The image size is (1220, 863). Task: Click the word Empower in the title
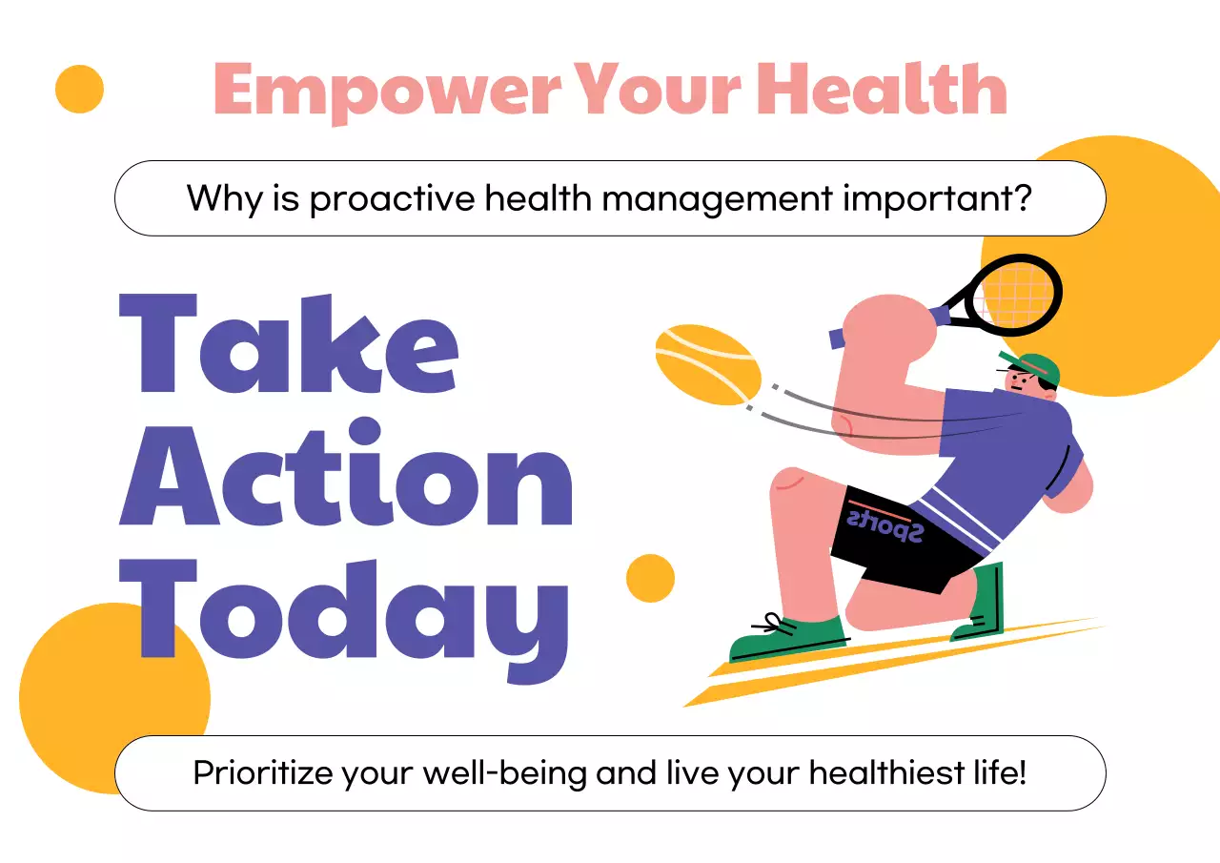pyautogui.click(x=386, y=91)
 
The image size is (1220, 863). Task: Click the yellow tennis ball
pyautogui.click(x=707, y=365)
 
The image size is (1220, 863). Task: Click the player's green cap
pyautogui.click(x=1035, y=367)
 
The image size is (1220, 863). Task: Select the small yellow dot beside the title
pyautogui.click(x=79, y=89)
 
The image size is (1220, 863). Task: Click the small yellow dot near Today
pyautogui.click(x=650, y=578)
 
